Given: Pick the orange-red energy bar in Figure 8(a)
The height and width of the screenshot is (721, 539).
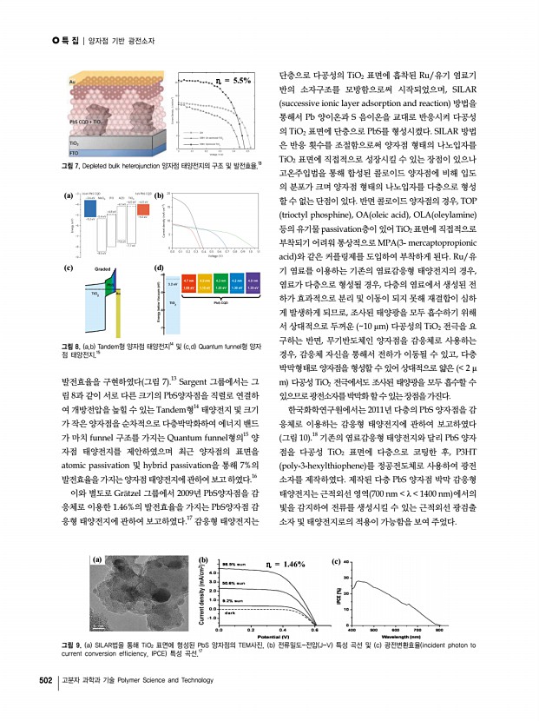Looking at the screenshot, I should pyautogui.click(x=144, y=208).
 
